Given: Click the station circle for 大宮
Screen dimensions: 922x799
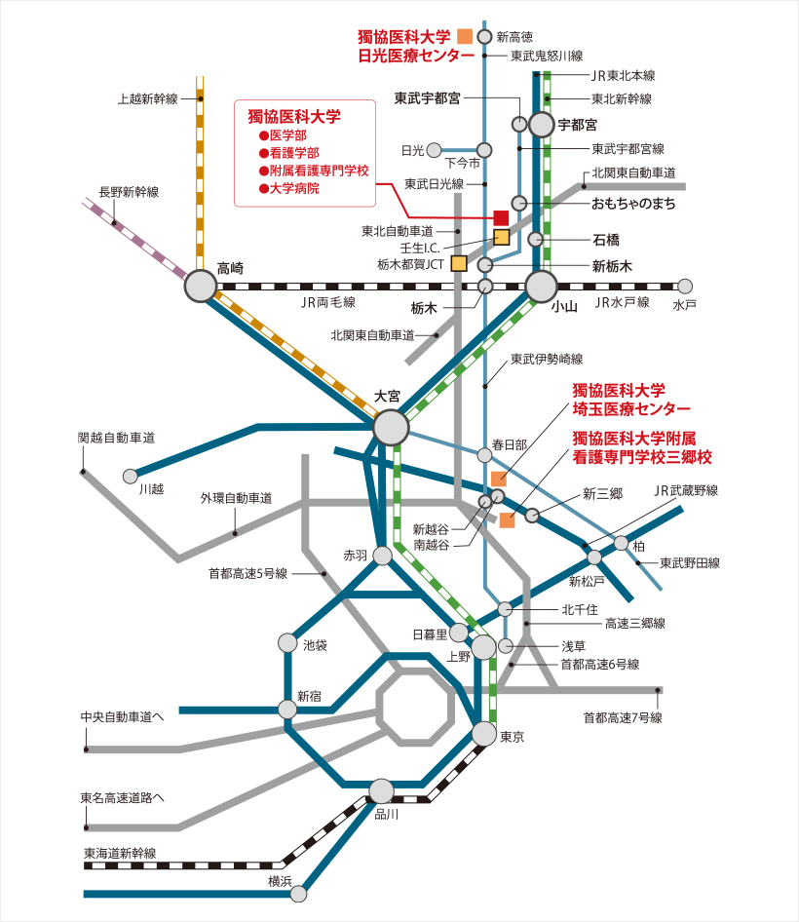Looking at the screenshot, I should pos(391,427).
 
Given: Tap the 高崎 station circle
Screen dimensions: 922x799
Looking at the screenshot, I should pos(201,286).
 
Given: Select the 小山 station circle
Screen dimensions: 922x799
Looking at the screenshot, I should pos(541,287).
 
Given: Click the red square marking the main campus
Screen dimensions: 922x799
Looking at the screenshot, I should pos(501,217).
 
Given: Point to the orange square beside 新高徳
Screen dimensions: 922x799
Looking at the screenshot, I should pos(465,36).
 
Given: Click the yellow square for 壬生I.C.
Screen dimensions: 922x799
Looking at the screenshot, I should pos(502,237).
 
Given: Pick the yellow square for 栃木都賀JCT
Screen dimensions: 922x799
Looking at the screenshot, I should pos(458,263).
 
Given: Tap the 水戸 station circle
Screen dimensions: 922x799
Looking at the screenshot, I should pos(685,287).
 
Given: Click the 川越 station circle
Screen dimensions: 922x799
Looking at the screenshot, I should pos(131,476).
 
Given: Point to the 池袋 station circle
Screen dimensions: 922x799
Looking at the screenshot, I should pos(286,643).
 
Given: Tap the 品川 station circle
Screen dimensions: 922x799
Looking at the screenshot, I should pos(382,791).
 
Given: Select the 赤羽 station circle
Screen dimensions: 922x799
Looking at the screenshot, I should pos(382,555).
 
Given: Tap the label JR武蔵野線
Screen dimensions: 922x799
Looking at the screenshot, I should pos(684,489).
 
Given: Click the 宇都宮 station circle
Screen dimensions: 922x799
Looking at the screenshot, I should pos(540,125).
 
